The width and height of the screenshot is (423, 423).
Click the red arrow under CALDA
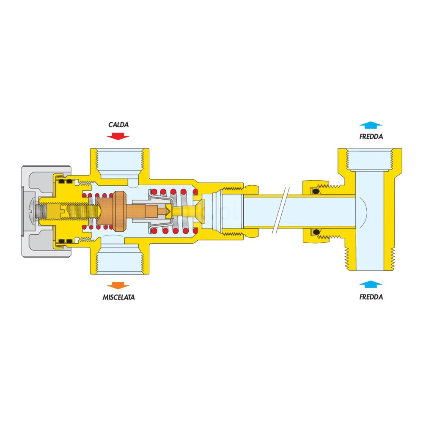click(118, 136)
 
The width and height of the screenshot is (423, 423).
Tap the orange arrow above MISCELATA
click(118, 285)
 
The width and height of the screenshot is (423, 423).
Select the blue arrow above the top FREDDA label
click(371, 125)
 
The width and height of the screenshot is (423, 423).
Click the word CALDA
click(118, 125)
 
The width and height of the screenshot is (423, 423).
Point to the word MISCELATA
click(118, 297)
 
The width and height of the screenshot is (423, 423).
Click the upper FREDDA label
click(371, 137)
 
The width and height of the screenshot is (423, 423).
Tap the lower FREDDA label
click(371, 297)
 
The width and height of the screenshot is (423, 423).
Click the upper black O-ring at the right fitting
click(316, 192)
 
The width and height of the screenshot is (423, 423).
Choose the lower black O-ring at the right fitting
click(316, 231)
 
